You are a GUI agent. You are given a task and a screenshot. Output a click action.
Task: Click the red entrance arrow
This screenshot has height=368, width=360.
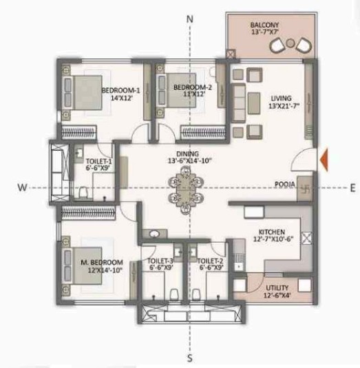(323, 160)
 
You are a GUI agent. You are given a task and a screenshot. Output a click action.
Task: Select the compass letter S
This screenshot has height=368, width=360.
(189, 358)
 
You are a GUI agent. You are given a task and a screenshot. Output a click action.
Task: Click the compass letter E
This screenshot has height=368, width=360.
(352, 187)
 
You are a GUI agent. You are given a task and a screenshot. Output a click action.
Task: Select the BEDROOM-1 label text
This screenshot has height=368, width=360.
(121, 90)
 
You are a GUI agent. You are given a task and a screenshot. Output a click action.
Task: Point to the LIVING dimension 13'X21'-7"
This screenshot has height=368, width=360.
(286, 107)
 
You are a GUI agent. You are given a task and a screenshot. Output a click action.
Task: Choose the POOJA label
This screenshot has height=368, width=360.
(285, 184)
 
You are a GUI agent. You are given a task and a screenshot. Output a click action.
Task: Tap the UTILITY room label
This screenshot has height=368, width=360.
(277, 288)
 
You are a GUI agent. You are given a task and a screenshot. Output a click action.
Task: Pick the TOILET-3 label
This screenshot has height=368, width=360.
(160, 262)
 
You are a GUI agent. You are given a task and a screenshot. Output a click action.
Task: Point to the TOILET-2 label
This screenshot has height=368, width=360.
(210, 262)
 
